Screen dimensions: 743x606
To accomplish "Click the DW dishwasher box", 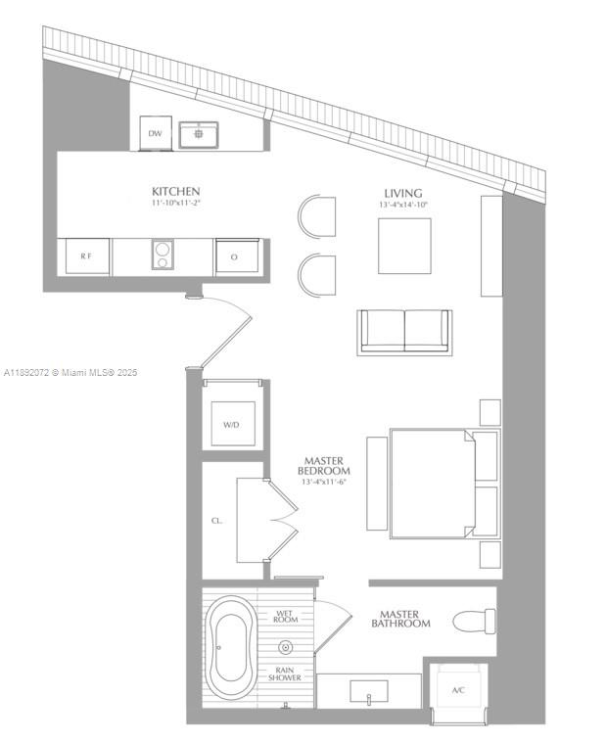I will tap(155, 133).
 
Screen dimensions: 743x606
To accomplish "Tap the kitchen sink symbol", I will tap(198, 133).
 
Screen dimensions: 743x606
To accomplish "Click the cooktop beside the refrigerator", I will tap(162, 255).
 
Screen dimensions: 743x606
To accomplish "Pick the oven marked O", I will tap(235, 256).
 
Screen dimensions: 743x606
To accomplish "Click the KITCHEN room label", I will tap(176, 191).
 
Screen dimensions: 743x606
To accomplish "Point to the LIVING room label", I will tap(403, 193).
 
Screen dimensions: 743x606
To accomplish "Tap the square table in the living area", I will tap(405, 245).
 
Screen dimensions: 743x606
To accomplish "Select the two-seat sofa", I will tap(405, 331).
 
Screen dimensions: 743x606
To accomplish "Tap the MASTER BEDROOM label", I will tap(323, 465).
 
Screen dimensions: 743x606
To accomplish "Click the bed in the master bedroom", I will tap(431, 483).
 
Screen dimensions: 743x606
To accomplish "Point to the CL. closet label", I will tap(216, 521).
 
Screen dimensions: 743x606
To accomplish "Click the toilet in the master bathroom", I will tap(476, 621).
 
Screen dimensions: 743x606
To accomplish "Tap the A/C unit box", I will tap(458, 690).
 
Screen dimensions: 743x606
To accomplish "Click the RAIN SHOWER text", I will tap(286, 675).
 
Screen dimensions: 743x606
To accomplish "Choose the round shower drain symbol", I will tap(286, 646).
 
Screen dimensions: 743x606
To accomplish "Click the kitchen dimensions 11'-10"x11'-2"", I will tap(176, 204).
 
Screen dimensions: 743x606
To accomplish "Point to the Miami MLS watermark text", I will tap(71, 373).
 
